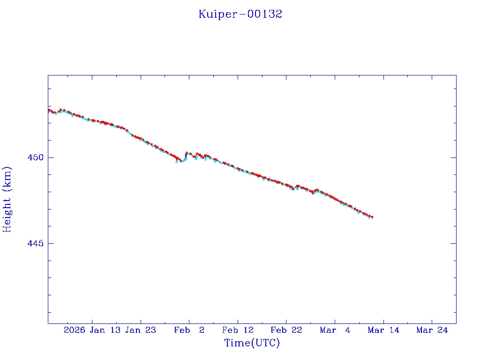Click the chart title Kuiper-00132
[240, 14]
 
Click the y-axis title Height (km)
[7, 199]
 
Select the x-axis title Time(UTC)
[252, 343]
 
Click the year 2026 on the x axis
[74, 330]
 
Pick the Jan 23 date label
[141, 330]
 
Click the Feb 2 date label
[189, 330]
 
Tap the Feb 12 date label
[238, 330]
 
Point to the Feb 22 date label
[286, 330]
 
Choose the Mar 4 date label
[335, 330]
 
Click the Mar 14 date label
[383, 330]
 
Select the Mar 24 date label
[432, 330]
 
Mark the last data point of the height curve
[372, 217]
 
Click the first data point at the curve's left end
[49, 110]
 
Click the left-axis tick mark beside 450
[50, 157]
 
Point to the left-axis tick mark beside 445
[50, 243]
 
